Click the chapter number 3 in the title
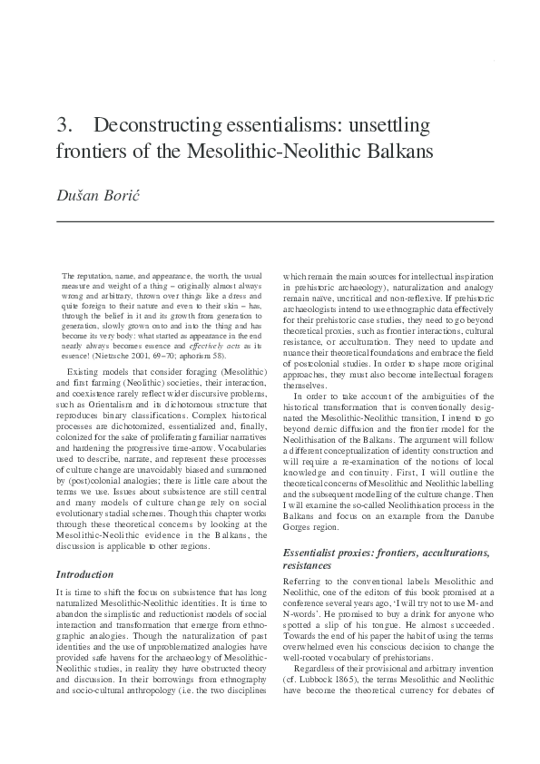tap(63, 123)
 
